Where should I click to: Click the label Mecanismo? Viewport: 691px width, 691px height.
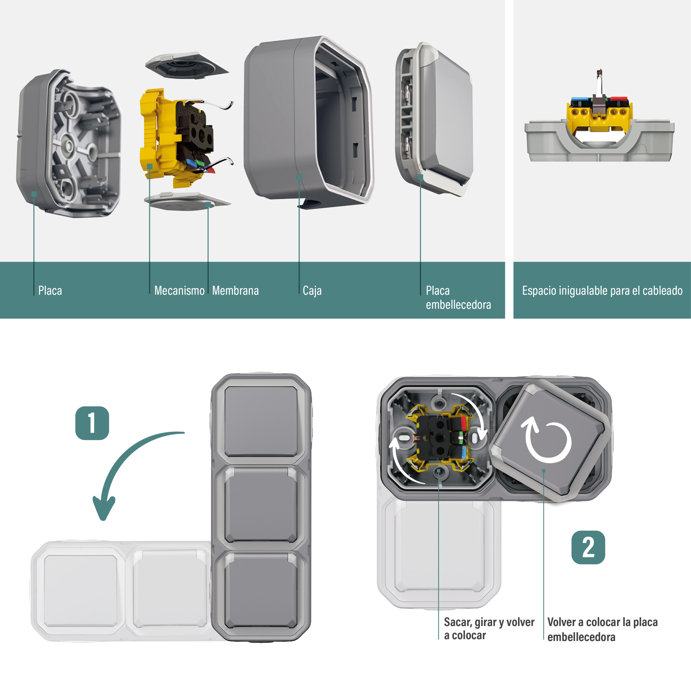pyautogui.click(x=179, y=290)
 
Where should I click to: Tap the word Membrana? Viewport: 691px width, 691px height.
pyautogui.click(x=235, y=290)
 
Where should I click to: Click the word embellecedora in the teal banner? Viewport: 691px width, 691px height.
pyautogui.click(x=458, y=305)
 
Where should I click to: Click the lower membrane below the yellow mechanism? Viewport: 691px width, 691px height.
pyautogui.click(x=187, y=201)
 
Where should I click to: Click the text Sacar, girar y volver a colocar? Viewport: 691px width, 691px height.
pyautogui.click(x=489, y=629)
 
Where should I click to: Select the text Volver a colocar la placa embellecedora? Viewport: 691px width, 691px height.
pyautogui.click(x=602, y=629)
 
